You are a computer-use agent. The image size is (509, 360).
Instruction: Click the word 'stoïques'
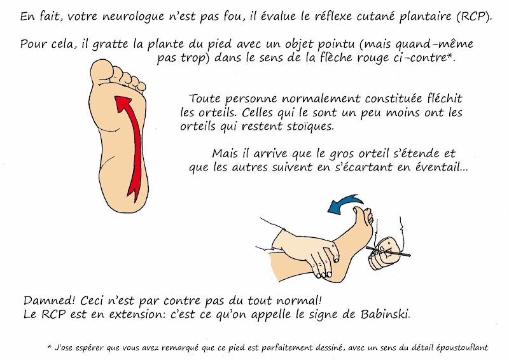(310, 126)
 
